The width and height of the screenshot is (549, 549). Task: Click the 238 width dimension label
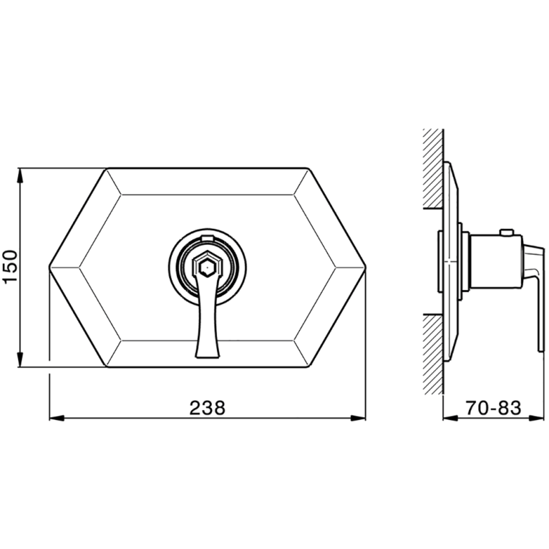[208, 407]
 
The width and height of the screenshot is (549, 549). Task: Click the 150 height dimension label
[9, 266]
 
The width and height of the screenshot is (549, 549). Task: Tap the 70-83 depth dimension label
[493, 407]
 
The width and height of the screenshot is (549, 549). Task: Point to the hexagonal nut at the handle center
[207, 268]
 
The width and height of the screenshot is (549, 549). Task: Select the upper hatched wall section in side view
[433, 168]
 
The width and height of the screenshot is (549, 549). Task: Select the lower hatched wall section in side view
[433, 354]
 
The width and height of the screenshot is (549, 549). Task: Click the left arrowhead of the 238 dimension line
[57, 418]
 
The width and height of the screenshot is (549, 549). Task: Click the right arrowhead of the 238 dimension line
[358, 418]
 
